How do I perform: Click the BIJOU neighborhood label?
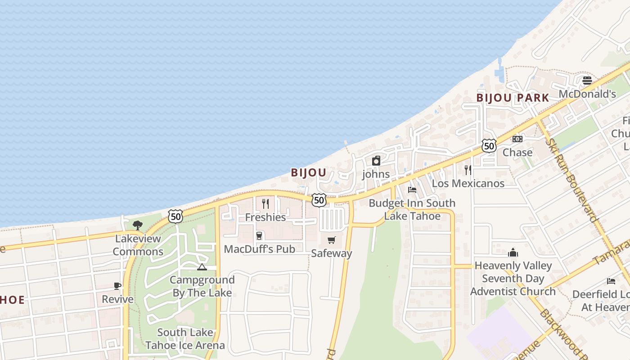pyautogui.click(x=308, y=173)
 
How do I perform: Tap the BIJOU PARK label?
pyautogui.click(x=513, y=98)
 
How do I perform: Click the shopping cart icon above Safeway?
pyautogui.click(x=332, y=240)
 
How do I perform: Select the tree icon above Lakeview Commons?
pyautogui.click(x=138, y=225)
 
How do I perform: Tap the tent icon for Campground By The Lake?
pyautogui.click(x=202, y=267)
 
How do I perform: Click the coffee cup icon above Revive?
pyautogui.click(x=117, y=286)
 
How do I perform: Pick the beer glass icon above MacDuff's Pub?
pyautogui.click(x=259, y=235)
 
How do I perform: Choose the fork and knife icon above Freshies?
pyautogui.click(x=265, y=204)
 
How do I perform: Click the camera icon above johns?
pyautogui.click(x=376, y=161)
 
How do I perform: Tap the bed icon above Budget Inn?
pyautogui.click(x=412, y=189)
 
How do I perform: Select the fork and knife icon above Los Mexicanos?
pyautogui.click(x=468, y=170)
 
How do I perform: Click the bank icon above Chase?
pyautogui.click(x=517, y=139)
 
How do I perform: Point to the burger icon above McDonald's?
pyautogui.click(x=587, y=81)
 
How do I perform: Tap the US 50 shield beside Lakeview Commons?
pyautogui.click(x=176, y=216)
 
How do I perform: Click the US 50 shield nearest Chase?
pyautogui.click(x=489, y=145)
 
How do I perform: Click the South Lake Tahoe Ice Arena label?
pyautogui.click(x=185, y=339)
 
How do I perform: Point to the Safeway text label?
pyautogui.click(x=332, y=253)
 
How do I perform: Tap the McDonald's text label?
pyautogui.click(x=587, y=94)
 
